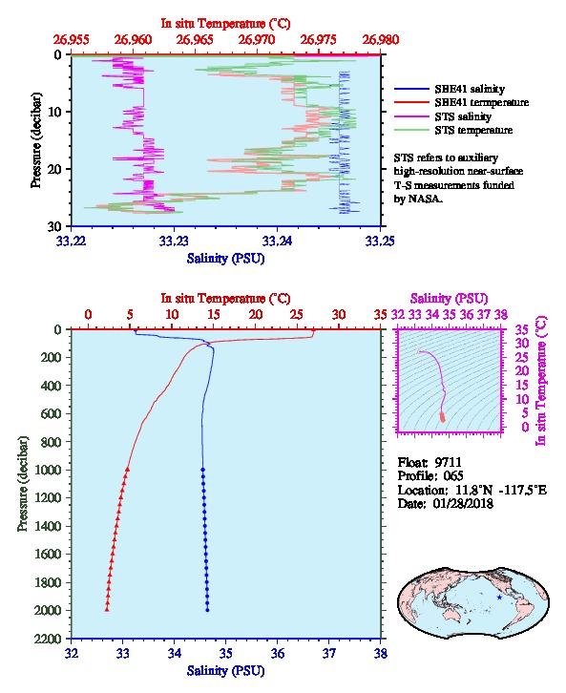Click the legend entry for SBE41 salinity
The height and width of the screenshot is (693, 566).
(x=449, y=89)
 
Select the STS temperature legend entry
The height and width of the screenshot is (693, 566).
(x=453, y=130)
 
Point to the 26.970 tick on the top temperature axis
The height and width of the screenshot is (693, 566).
(x=257, y=40)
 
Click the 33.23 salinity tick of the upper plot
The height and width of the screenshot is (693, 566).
(x=174, y=241)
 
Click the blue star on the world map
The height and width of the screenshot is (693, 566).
(x=499, y=598)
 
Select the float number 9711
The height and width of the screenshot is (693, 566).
(x=448, y=462)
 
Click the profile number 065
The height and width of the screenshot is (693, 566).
(x=452, y=476)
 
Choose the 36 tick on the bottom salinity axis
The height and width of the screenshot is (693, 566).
(x=278, y=653)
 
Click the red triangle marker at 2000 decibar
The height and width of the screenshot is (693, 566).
(x=107, y=610)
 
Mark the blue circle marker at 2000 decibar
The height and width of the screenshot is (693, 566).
(x=207, y=610)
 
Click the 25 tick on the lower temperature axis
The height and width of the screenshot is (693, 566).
(x=298, y=315)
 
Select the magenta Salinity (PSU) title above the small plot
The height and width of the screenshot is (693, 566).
(x=449, y=299)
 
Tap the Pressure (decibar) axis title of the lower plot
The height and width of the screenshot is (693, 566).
(x=23, y=484)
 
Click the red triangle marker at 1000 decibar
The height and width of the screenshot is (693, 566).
(x=128, y=470)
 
